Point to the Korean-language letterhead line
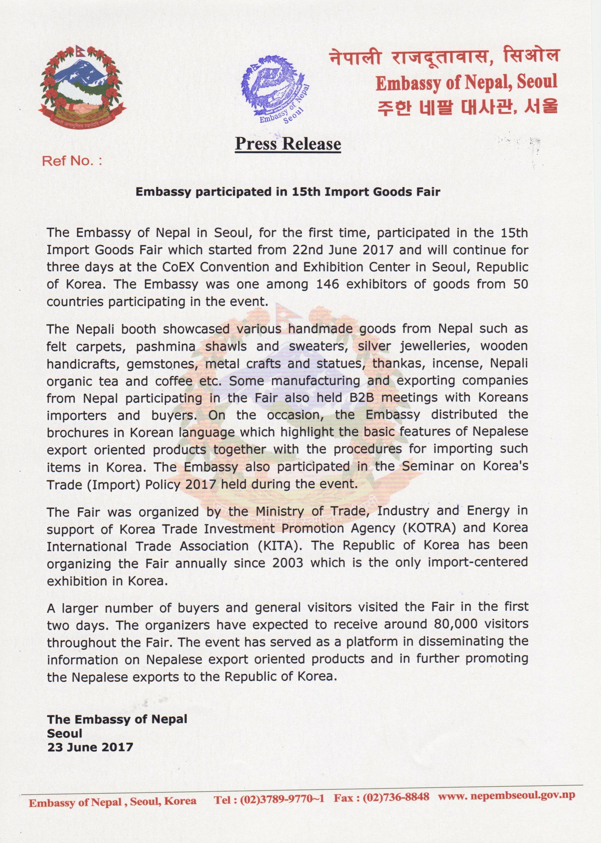pyautogui.click(x=467, y=107)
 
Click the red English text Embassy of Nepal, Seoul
pyautogui.click(x=466, y=83)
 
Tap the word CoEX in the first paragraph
pyautogui.click(x=177, y=267)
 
